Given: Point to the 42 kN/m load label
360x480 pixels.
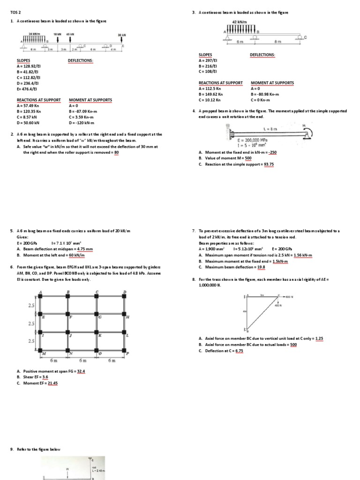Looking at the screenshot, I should (x=240, y=22).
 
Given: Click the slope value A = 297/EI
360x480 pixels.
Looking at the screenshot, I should (x=208, y=60).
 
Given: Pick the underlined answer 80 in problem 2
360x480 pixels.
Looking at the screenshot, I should (x=116, y=152).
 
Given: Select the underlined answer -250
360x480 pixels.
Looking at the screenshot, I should (x=273, y=152).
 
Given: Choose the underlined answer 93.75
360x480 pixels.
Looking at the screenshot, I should (x=269, y=164).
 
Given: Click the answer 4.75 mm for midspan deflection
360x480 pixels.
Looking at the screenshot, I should (x=85, y=249).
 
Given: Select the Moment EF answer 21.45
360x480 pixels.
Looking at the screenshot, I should (x=52, y=383).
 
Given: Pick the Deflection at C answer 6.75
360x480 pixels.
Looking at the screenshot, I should (x=239, y=350).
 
